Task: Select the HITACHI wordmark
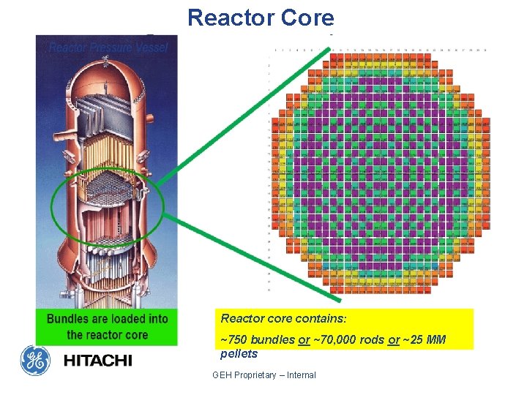tap(97, 361)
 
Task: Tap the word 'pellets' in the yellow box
tap(239, 354)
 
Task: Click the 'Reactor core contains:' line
tap(283, 319)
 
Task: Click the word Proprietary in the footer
tap(258, 375)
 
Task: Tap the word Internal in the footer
tap(302, 375)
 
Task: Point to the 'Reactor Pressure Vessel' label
tap(108, 48)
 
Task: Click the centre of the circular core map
tap(379, 168)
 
